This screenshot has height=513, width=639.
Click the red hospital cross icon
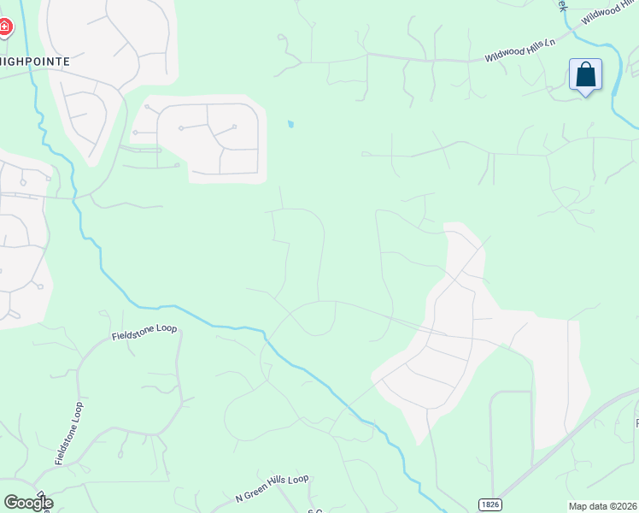tap(4, 28)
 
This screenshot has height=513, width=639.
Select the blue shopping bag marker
tap(585, 74)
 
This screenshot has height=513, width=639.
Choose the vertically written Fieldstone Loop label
tap(68, 433)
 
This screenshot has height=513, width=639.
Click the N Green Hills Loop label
tap(272, 489)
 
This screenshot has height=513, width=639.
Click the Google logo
tap(28, 503)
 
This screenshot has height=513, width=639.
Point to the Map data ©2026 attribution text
tap(603, 506)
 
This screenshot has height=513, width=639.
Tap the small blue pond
tap(291, 125)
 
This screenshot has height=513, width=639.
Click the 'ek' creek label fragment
tap(562, 4)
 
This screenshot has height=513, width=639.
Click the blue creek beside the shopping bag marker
tap(617, 94)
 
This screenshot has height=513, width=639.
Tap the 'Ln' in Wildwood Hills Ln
tap(549, 41)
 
